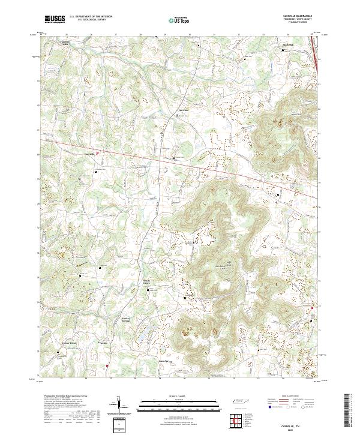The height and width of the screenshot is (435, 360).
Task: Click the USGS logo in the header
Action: (55, 19)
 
